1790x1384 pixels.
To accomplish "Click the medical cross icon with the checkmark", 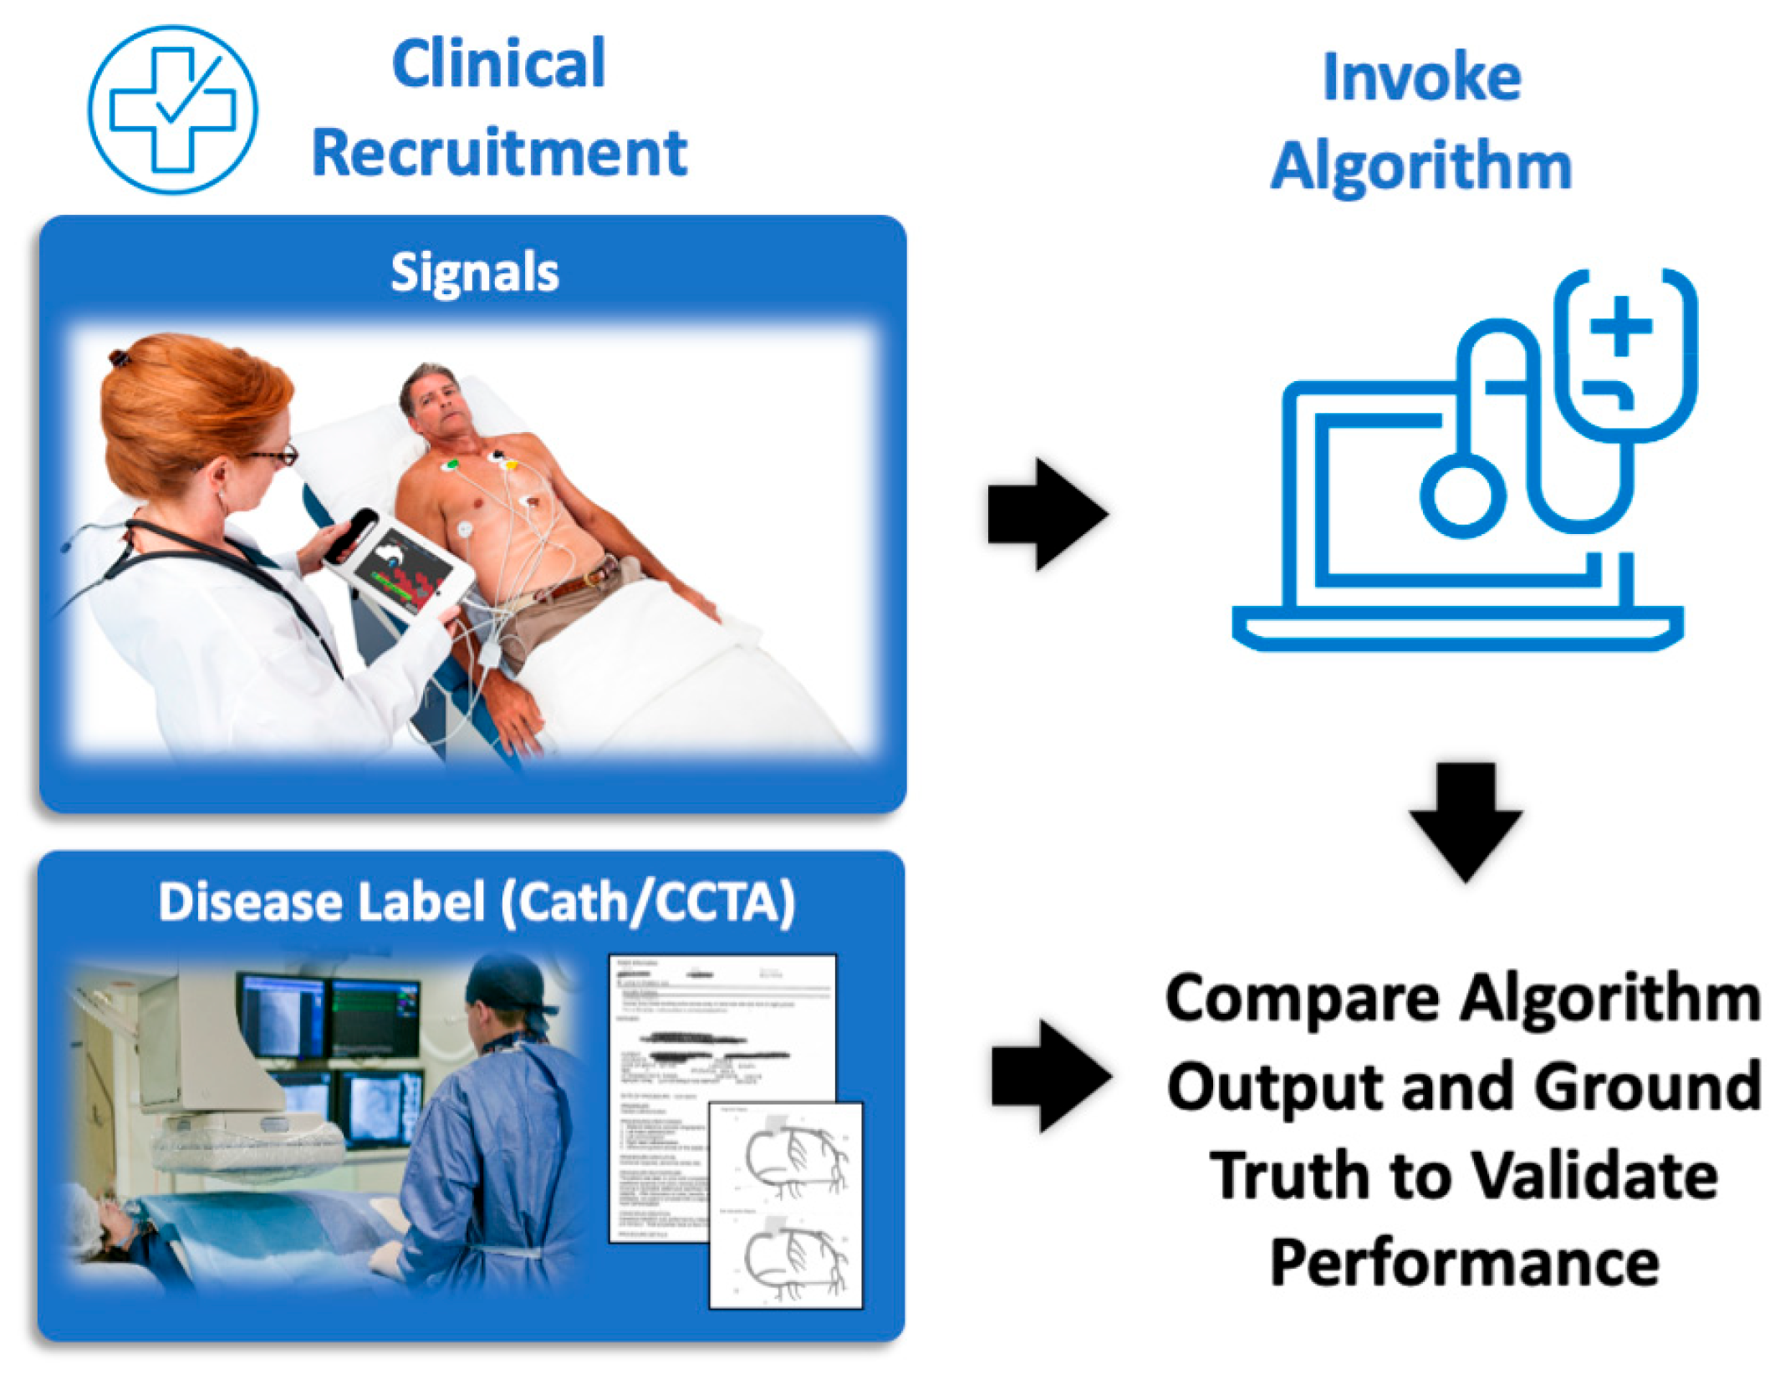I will tap(172, 109).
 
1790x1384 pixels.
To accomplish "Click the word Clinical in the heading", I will tap(498, 64).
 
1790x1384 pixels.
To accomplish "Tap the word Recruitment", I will tap(499, 154).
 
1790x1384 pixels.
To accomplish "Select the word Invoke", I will tap(1420, 78).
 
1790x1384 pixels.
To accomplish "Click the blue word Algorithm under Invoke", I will tap(1420, 166).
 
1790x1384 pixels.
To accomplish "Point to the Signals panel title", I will tap(474, 272).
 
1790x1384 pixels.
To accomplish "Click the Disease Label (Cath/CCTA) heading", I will tap(477, 903).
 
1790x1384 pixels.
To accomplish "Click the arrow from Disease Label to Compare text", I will tap(1050, 1076).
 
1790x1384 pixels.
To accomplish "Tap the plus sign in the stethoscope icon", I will tap(1621, 326).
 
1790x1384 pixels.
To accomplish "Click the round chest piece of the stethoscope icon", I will tap(1462, 496).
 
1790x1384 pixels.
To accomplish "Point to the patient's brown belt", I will tap(577, 586).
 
